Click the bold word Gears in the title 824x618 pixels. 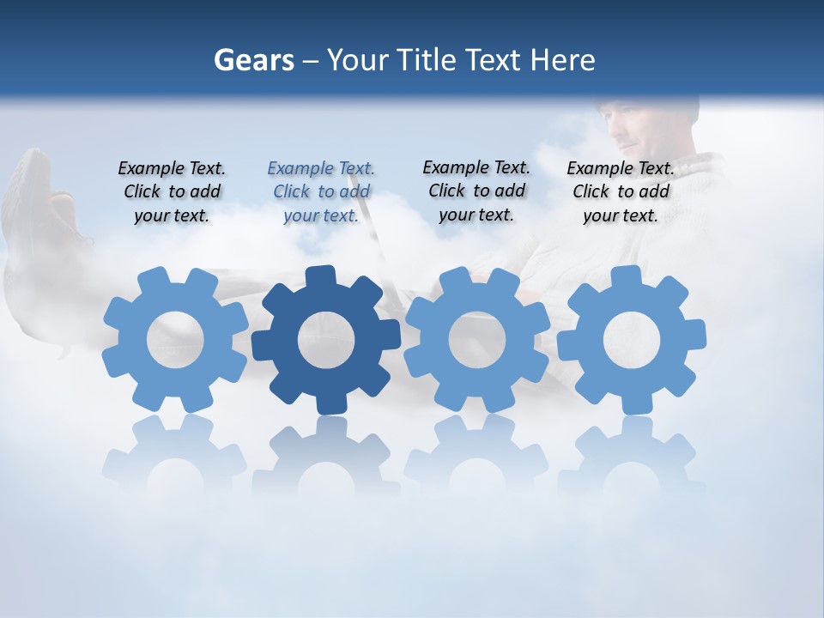253,60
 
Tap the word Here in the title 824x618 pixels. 561,60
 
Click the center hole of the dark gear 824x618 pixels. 325,340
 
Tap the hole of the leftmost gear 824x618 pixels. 175,340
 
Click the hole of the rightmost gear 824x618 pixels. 631,340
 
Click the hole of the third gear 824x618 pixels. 477,340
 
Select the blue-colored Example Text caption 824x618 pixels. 320,191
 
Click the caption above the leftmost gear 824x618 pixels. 172,191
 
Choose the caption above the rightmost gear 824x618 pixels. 620,191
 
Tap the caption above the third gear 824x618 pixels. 476,191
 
